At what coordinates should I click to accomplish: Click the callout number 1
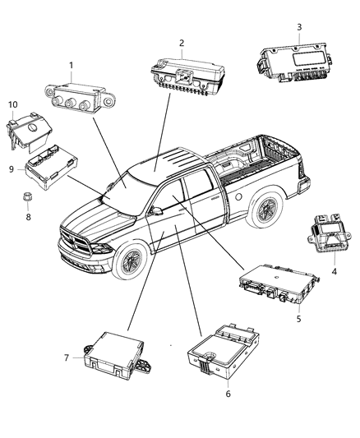click(72, 66)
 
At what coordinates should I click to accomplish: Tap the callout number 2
click(182, 43)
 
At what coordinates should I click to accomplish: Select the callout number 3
click(299, 27)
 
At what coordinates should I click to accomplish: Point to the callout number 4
click(335, 271)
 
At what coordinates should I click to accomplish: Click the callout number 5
click(299, 319)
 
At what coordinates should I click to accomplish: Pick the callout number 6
click(228, 394)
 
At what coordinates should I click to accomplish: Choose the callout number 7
click(67, 357)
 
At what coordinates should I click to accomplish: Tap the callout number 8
click(28, 217)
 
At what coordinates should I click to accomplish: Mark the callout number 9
click(12, 169)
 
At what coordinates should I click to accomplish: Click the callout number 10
click(13, 104)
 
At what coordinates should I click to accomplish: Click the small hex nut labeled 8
click(28, 196)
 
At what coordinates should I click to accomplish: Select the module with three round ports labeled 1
click(80, 99)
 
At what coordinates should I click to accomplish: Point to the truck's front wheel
click(131, 260)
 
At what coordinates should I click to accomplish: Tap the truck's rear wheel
click(265, 208)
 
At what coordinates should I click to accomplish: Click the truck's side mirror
click(156, 211)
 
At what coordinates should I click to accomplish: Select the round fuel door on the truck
click(238, 196)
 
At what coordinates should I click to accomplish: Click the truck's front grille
click(76, 241)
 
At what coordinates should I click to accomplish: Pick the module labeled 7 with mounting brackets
click(118, 356)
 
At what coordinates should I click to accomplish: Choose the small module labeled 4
click(330, 233)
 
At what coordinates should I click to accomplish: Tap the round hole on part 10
click(33, 127)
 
